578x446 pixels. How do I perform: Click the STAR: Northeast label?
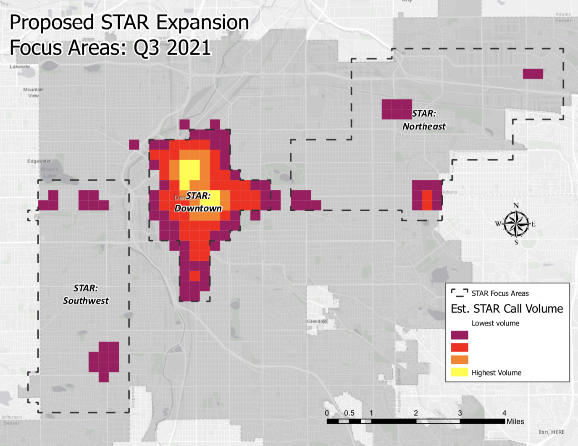424,120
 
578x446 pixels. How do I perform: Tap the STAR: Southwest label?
86,294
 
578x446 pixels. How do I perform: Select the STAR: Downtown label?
198,202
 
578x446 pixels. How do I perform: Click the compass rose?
516,224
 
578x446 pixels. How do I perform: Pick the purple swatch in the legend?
459,335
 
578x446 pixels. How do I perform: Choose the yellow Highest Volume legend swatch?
459,372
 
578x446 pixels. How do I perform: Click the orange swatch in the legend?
459,360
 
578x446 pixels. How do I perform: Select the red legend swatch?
459,347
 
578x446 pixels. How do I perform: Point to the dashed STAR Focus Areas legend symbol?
459,293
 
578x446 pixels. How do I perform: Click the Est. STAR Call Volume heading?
507,309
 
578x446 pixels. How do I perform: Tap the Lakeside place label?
20,67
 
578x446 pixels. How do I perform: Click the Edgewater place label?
39,161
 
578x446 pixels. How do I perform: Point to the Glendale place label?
317,321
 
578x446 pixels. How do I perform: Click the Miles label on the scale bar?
515,421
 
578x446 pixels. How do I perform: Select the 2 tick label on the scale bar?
415,413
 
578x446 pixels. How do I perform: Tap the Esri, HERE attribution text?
552,432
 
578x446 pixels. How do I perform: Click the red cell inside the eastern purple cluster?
427,200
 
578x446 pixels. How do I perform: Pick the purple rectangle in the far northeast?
533,74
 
